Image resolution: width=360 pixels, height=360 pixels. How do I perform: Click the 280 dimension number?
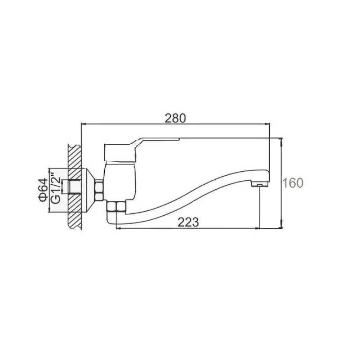tap(175, 119)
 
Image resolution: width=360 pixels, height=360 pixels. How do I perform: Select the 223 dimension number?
tap(188, 222)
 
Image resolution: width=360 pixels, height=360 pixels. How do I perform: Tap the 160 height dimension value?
tap(293, 183)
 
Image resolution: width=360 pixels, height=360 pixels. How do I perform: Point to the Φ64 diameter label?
tap(44, 190)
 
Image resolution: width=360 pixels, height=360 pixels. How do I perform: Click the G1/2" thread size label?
tap(56, 190)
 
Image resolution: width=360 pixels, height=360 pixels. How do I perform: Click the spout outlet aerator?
tap(260, 184)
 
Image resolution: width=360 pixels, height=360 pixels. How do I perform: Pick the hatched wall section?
tap(75, 187)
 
